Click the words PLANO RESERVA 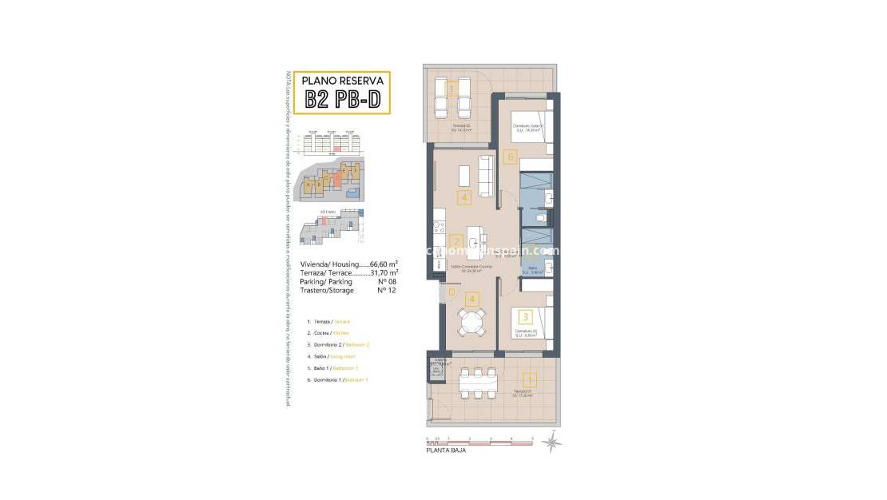point(343,80)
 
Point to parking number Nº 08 point(387,281)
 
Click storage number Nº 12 point(387,290)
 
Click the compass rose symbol point(550,441)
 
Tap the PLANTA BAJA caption point(445,450)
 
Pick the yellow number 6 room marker point(511,157)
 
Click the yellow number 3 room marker point(524,318)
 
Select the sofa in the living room point(484,175)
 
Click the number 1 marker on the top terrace point(451,89)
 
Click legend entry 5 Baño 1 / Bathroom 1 point(336,367)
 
